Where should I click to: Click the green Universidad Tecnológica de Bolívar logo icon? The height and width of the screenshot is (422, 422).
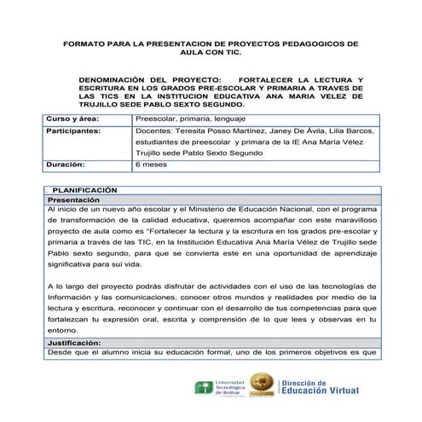pyautogui.click(x=203, y=390)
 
